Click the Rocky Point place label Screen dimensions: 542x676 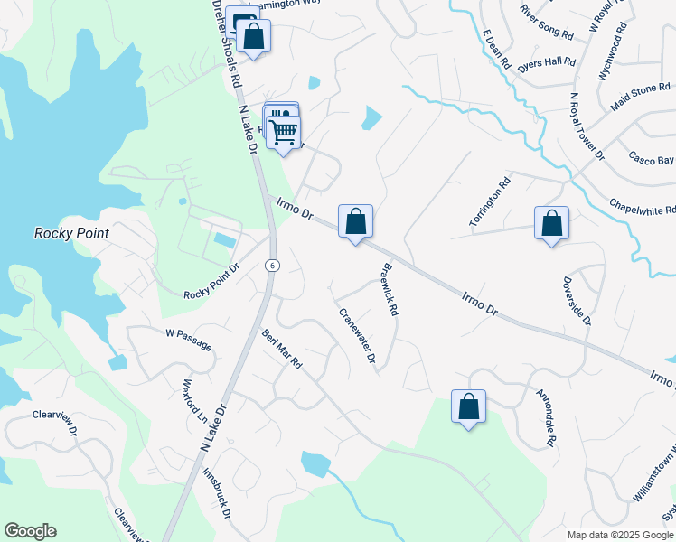pos(71,233)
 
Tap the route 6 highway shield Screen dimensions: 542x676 pos(272,265)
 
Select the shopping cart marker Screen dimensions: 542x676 pos(284,132)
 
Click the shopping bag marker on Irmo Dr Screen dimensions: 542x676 pos(355,220)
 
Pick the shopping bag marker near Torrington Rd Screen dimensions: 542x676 pos(551,222)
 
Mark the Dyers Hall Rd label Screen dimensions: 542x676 pos(548,62)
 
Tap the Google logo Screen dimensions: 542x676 pos(30,531)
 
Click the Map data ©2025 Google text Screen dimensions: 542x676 pos(619,534)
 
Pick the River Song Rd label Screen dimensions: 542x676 pos(547,22)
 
